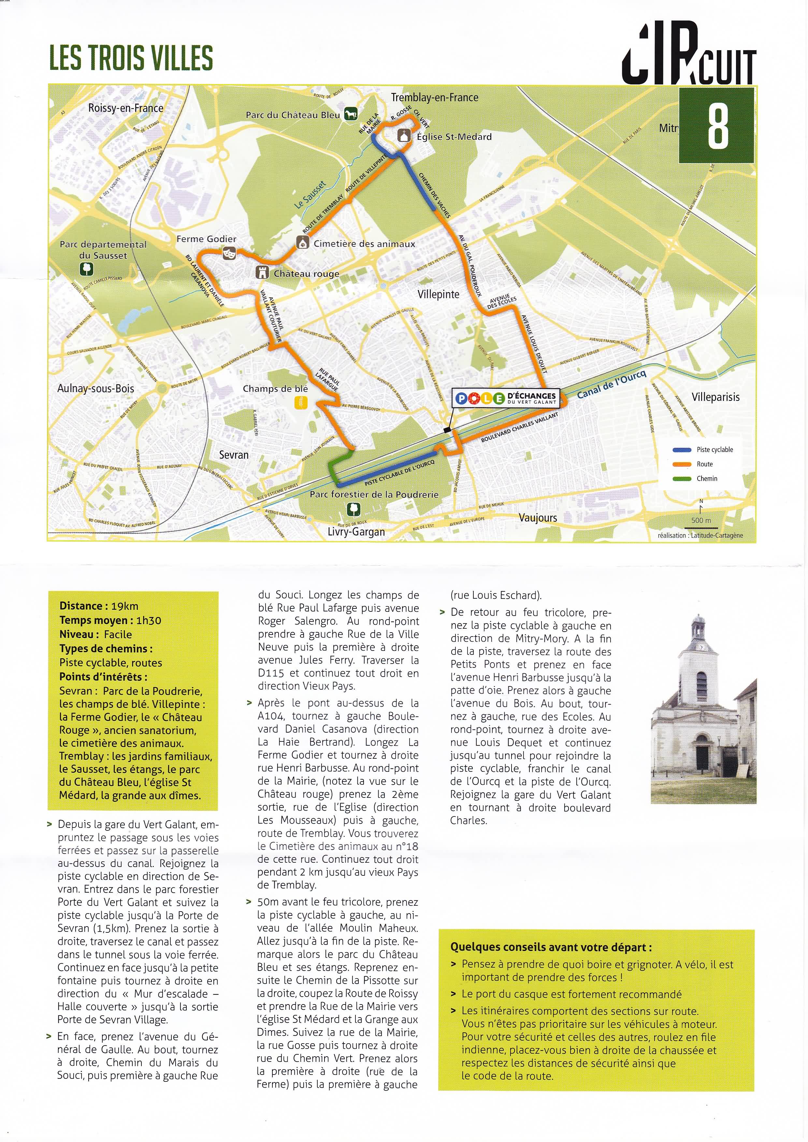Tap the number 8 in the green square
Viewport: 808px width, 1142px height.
(717, 126)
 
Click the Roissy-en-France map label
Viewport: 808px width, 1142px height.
(125, 108)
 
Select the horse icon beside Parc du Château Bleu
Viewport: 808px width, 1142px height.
(351, 114)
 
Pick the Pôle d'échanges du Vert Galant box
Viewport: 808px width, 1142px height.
(507, 398)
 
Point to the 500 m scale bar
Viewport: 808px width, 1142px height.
(701, 520)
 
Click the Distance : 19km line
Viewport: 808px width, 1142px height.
(98, 606)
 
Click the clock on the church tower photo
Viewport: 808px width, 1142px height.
(701, 647)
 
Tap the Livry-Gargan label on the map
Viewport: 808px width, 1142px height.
(356, 532)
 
